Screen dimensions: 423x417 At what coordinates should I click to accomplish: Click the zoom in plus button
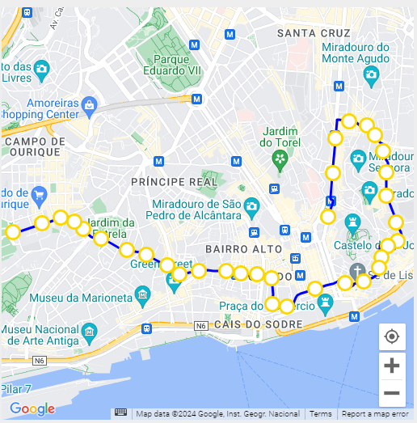point(392,366)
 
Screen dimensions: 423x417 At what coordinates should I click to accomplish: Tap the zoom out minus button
point(392,393)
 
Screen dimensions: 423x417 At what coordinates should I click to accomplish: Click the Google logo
point(32,409)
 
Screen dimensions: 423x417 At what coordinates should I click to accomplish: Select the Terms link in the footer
point(321,414)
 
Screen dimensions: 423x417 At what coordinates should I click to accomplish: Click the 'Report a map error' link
point(375,414)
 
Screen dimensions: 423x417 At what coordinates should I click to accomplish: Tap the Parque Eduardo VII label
point(177,66)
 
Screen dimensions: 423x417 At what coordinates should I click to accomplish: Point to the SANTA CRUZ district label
point(314,33)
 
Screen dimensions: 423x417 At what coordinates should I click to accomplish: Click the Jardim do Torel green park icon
point(280,157)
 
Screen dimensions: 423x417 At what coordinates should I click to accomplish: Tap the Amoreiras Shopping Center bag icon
point(90,104)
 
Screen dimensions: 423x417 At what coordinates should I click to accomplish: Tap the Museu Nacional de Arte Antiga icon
point(90,332)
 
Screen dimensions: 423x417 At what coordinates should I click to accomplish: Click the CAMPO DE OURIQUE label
point(32,146)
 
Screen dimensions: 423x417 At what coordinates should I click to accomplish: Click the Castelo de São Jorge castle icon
point(352,222)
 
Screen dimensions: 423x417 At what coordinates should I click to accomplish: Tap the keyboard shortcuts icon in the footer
point(120,413)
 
